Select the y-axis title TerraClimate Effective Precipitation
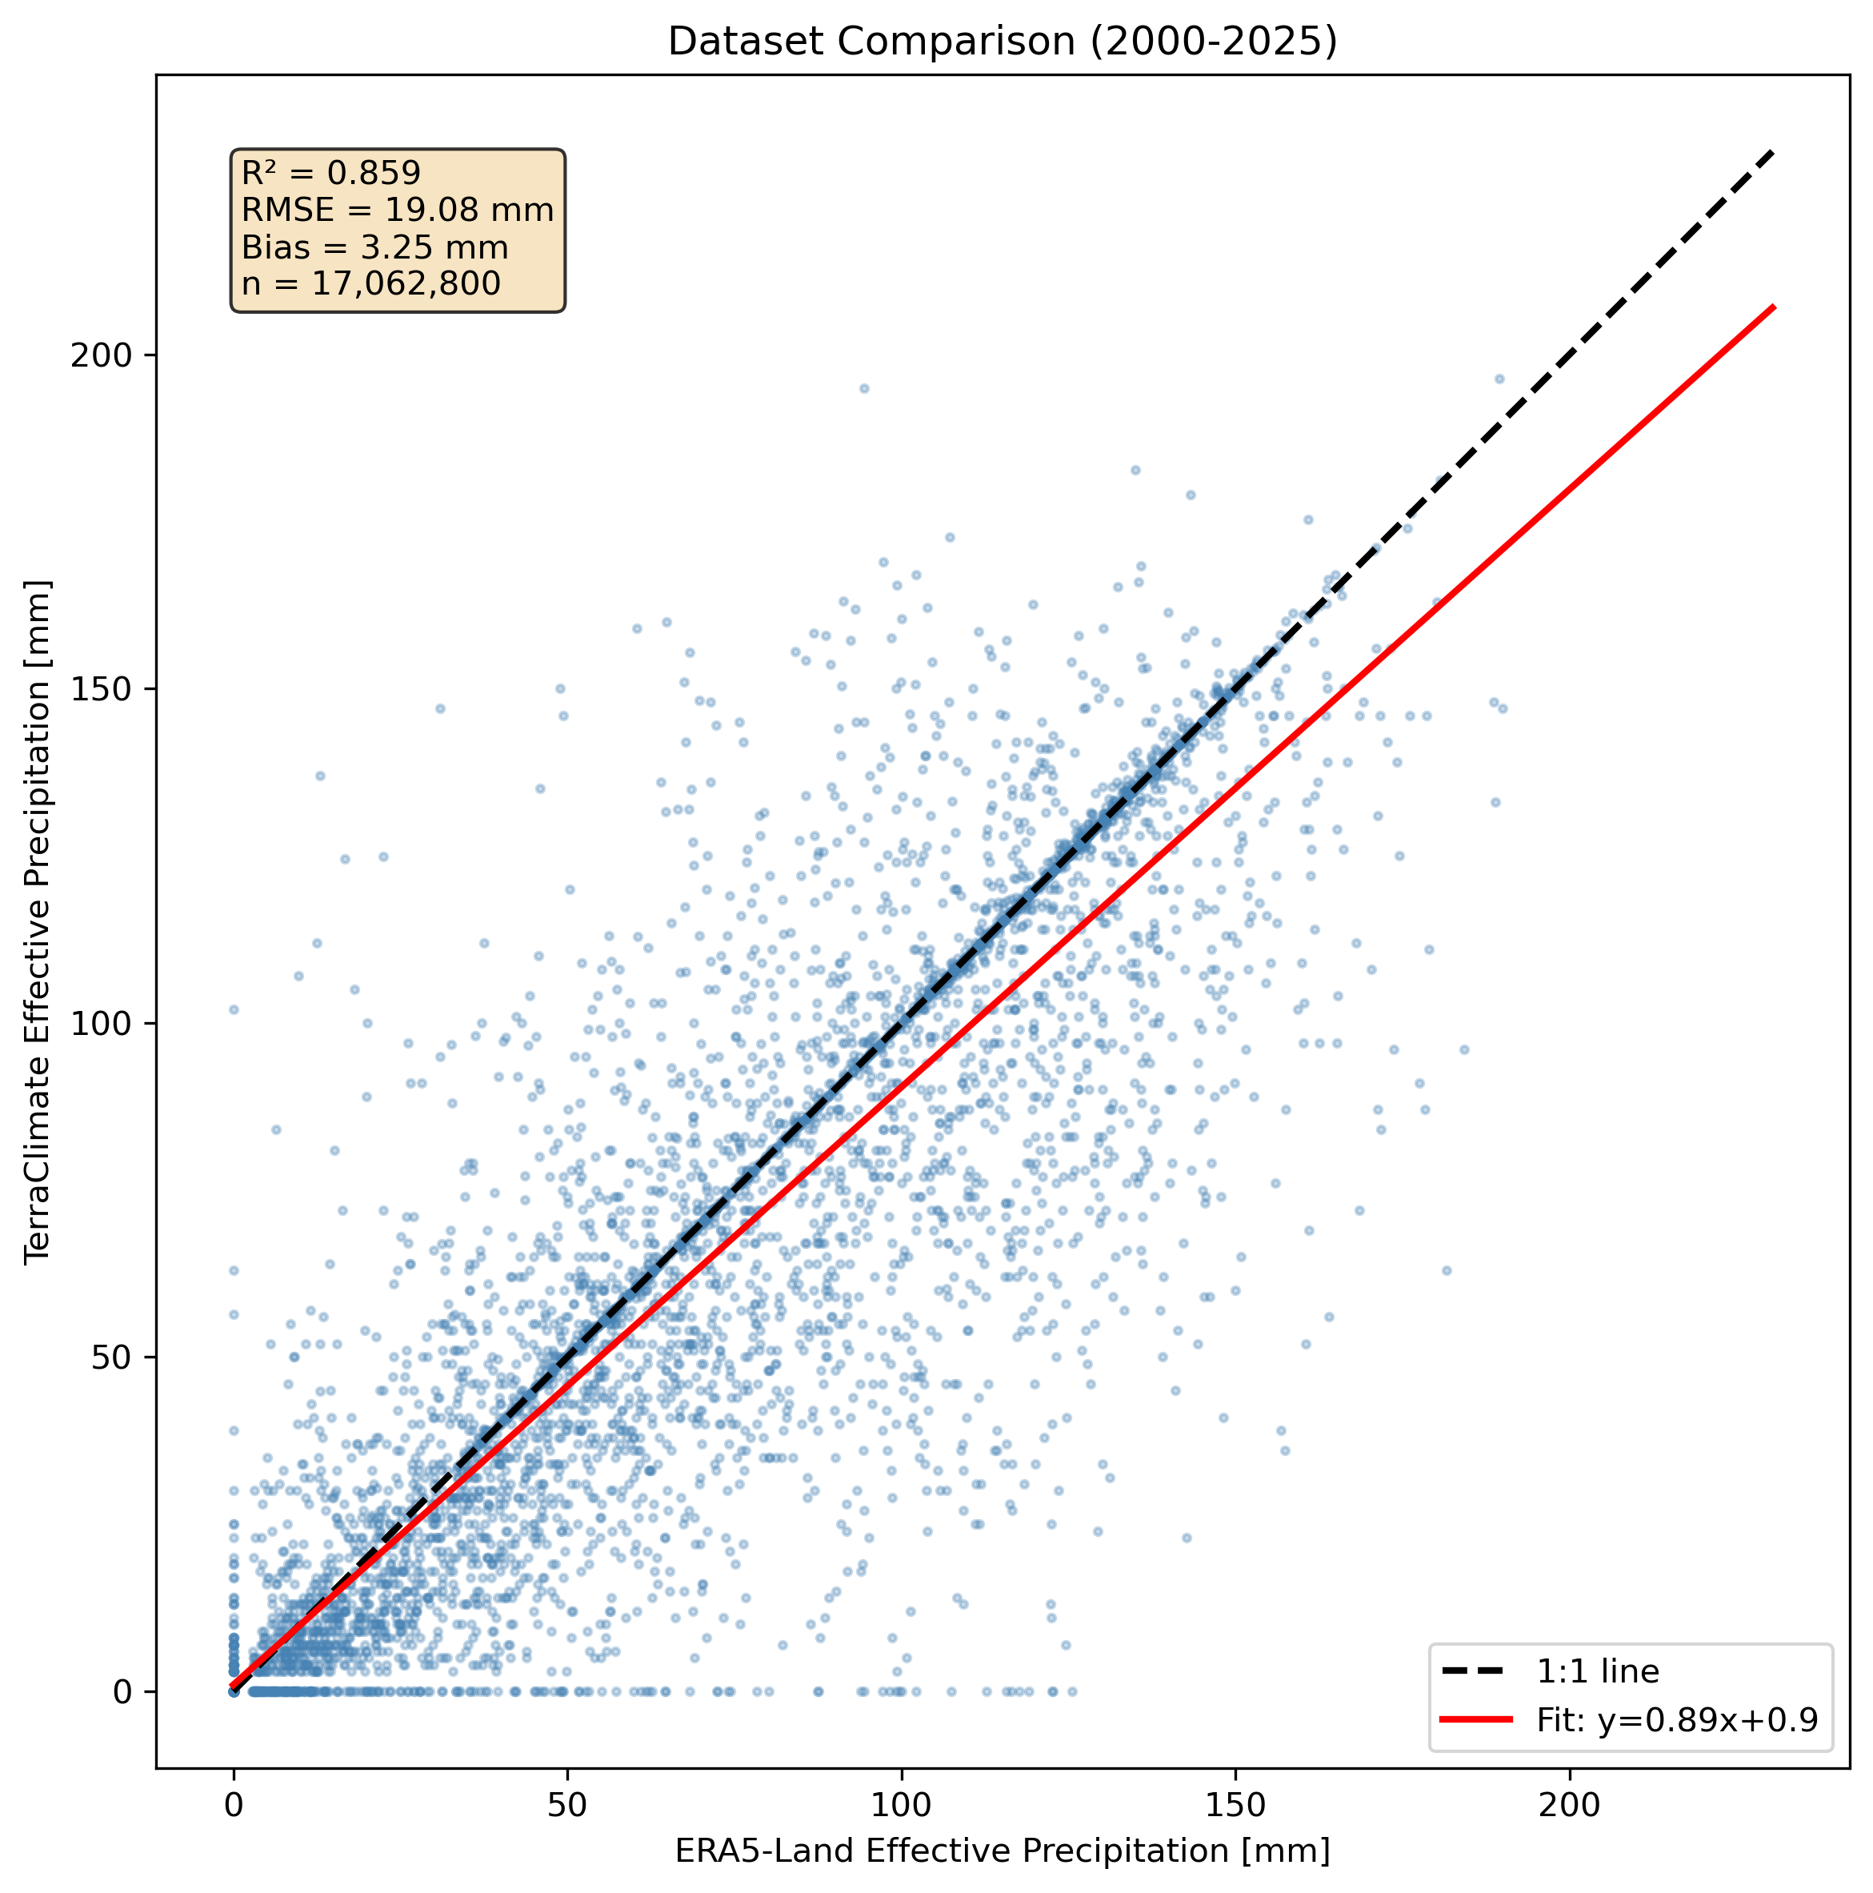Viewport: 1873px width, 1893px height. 38,921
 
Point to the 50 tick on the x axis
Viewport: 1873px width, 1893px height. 567,1805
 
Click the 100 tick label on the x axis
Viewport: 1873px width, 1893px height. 901,1805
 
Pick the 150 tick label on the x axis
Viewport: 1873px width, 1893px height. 1235,1805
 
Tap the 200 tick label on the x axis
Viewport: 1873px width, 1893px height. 1569,1805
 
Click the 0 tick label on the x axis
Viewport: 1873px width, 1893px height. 233,1805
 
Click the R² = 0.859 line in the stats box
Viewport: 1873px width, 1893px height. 331,174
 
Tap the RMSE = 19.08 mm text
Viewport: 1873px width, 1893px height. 397,210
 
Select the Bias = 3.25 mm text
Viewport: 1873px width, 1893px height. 374,247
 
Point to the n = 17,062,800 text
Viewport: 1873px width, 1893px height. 370,284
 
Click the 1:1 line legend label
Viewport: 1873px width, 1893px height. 1597,1671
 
